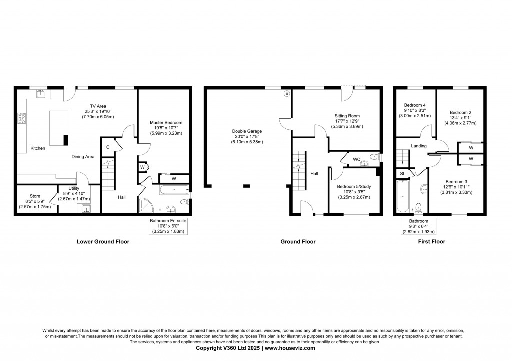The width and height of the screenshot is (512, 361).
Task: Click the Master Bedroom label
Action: pyautogui.click(x=166, y=123)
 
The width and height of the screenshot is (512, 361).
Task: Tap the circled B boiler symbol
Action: pyautogui.click(x=287, y=94)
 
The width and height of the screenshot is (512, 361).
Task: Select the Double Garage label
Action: pyautogui.click(x=247, y=131)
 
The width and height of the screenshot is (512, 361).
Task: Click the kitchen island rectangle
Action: pyautogui.click(x=59, y=128)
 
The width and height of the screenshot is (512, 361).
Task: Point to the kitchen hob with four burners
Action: pyautogui.click(x=22, y=118)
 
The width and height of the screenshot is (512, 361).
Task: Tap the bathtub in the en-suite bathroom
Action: pyautogui.click(x=174, y=190)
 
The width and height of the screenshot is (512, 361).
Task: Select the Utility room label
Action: pyautogui.click(x=74, y=189)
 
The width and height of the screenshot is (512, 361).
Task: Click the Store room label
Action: pyautogui.click(x=35, y=196)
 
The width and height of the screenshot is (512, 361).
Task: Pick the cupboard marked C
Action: pyautogui.click(x=108, y=147)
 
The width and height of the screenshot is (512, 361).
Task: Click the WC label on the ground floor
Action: pyautogui.click(x=357, y=159)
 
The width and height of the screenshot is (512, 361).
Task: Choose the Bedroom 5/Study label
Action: pyautogui.click(x=354, y=187)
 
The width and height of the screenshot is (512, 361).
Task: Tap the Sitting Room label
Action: pyautogui.click(x=347, y=116)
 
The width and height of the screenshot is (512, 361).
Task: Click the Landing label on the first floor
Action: pyautogui.click(x=419, y=146)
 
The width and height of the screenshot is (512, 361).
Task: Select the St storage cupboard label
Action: pyautogui.click(x=402, y=174)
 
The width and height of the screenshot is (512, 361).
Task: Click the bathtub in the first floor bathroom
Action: pyautogui.click(x=403, y=196)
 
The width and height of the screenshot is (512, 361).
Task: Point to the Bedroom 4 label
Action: pyautogui.click(x=415, y=105)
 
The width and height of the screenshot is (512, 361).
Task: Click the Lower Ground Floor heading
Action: pyautogui.click(x=103, y=242)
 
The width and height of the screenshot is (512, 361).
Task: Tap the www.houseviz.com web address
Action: pyautogui.click(x=290, y=348)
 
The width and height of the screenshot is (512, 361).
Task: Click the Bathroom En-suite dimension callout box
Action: pyautogui.click(x=168, y=226)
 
